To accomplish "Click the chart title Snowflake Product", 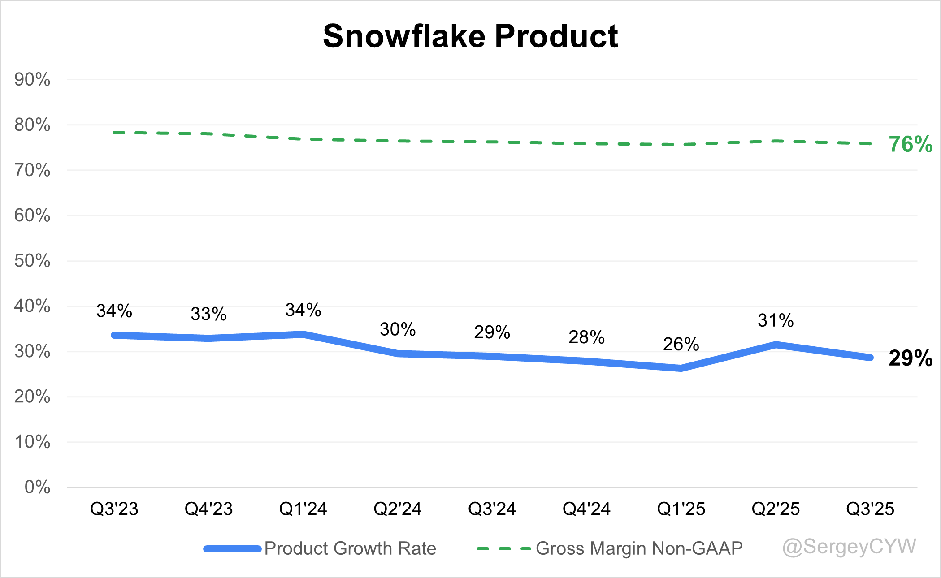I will tap(470, 36).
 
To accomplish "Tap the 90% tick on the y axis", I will tap(32, 80).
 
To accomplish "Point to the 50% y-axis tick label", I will tap(32, 261).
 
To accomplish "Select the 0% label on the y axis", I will tap(37, 487).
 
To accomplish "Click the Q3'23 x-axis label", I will tap(114, 509).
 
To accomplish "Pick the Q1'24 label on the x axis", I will tap(303, 509).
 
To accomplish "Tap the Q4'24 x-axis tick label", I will tap(586, 509).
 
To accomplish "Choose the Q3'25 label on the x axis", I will tap(870, 509).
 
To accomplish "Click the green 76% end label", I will tap(911, 144).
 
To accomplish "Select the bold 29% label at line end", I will tap(911, 358).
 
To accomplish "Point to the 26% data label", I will tap(681, 345).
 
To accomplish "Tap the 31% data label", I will tap(776, 321).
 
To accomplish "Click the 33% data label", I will tap(209, 314).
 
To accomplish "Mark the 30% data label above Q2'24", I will tap(398, 329).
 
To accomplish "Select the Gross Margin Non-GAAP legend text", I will tap(639, 548).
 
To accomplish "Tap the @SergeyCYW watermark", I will tap(849, 547).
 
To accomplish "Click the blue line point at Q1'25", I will tap(681, 368).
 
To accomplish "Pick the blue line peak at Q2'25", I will tap(776, 345).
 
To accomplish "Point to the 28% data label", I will tap(586, 337).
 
